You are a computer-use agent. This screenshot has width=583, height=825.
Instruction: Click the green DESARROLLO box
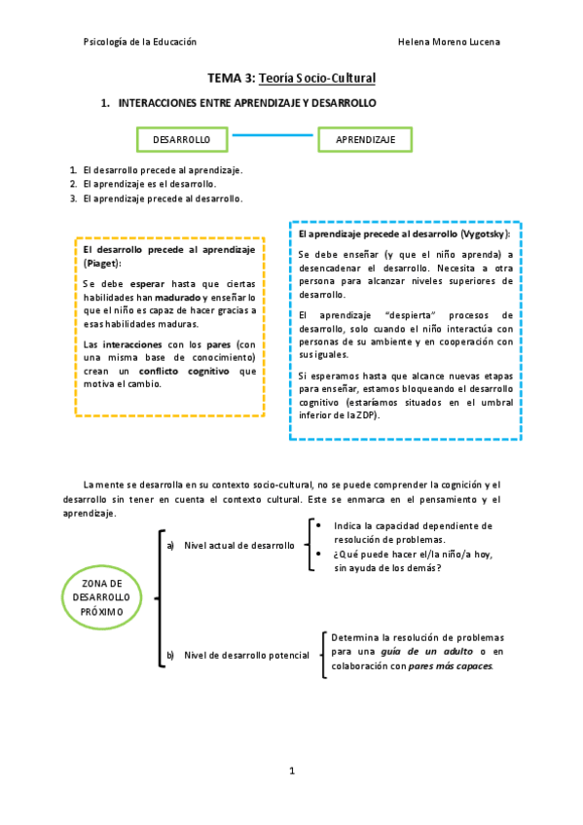click(182, 140)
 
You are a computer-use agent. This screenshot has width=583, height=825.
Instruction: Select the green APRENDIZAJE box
click(365, 140)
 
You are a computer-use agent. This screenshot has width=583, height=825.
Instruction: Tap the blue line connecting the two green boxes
click(273, 135)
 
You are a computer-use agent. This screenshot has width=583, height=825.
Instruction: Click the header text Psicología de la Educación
click(140, 43)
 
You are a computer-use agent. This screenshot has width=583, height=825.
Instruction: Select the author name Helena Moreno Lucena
click(450, 43)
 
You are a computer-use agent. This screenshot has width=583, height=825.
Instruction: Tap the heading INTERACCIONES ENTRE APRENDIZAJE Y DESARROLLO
click(247, 102)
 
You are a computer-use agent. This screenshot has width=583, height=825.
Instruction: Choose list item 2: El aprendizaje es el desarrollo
click(150, 184)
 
